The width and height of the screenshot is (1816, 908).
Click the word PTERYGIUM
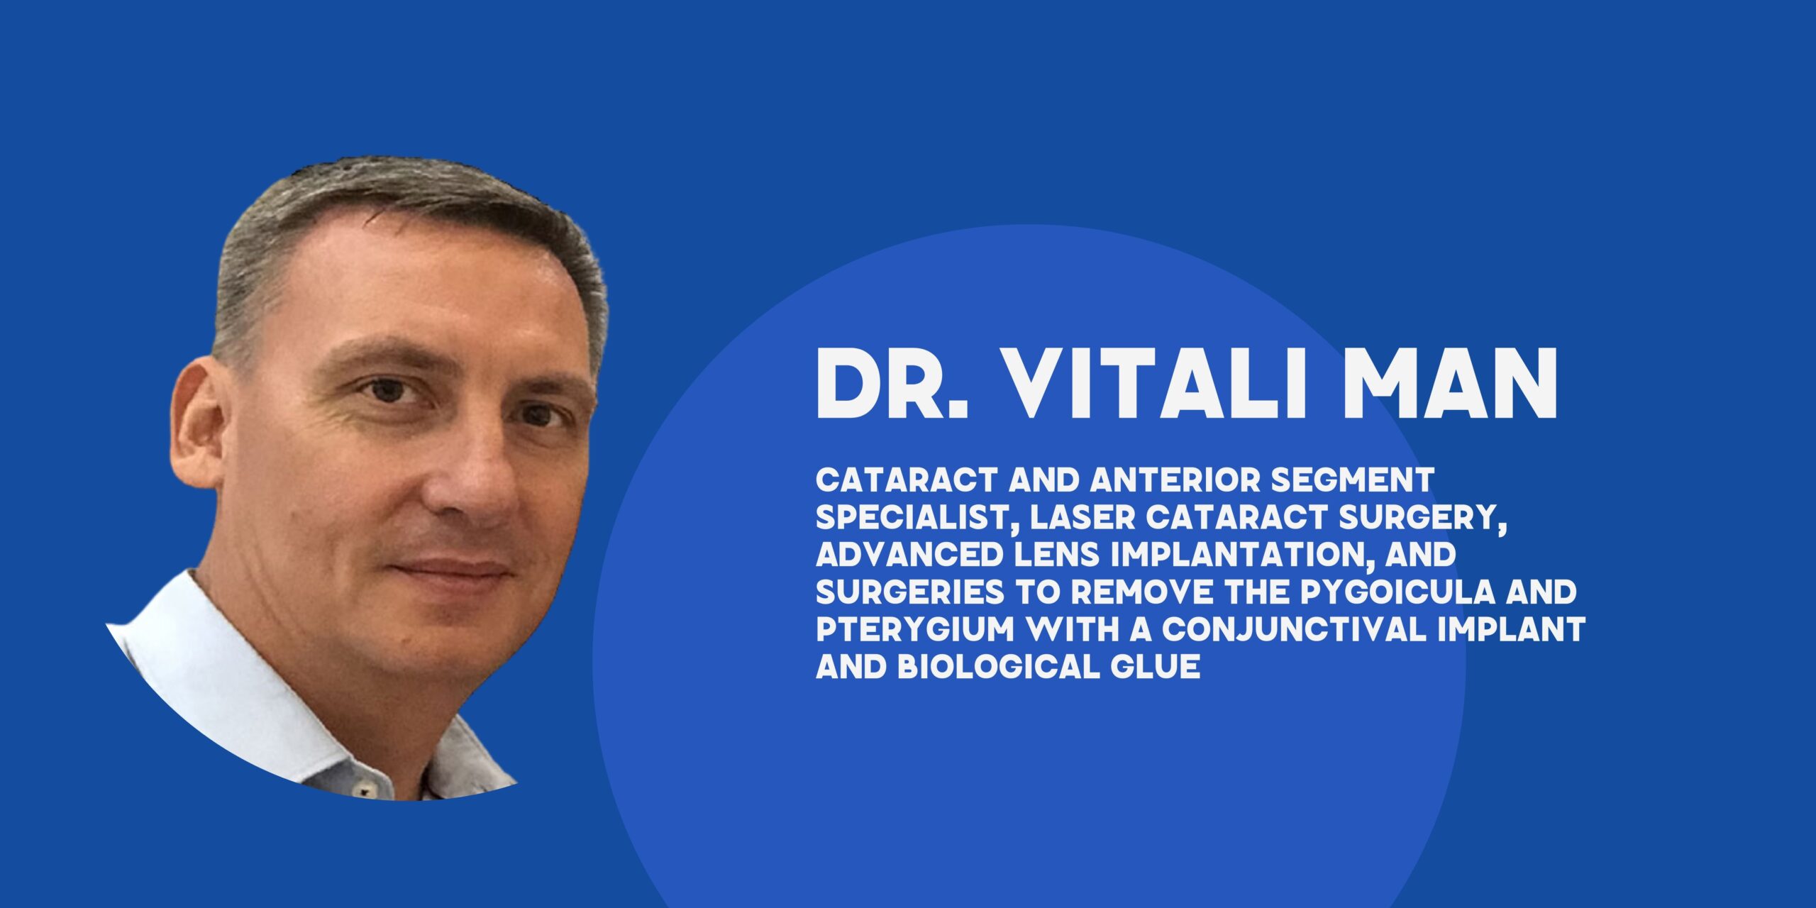(916, 630)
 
